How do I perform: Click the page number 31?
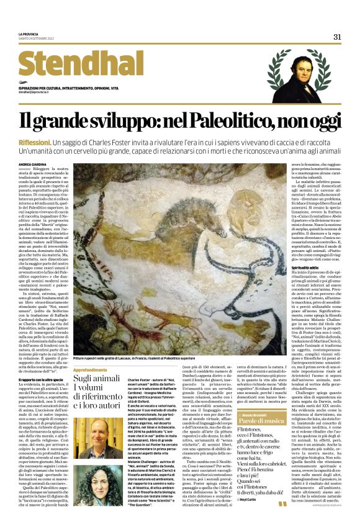pyautogui.click(x=337, y=37)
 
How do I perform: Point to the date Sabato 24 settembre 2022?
pyautogui.click(x=41, y=38)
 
